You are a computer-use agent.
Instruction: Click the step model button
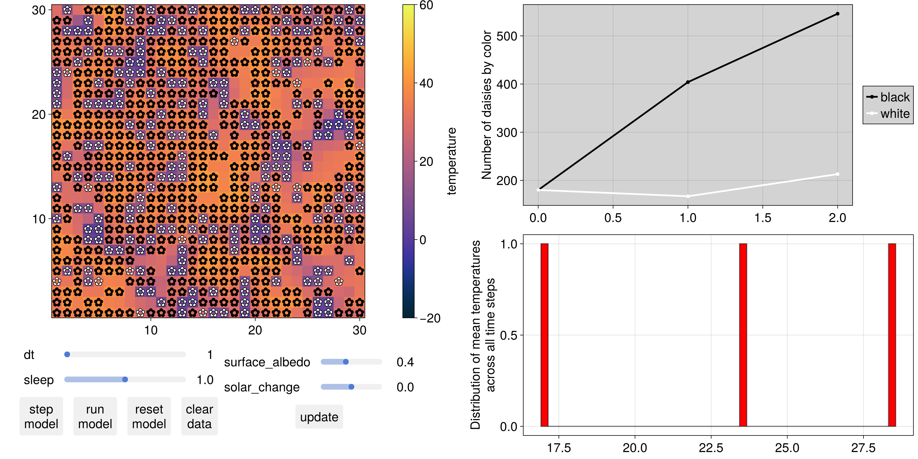[x=41, y=416]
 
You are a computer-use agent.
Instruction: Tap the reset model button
[x=149, y=416]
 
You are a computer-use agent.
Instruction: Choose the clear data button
[x=199, y=416]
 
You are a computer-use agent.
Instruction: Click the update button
[x=319, y=417]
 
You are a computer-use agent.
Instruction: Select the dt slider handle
[x=67, y=354]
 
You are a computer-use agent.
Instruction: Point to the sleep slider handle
[x=125, y=380]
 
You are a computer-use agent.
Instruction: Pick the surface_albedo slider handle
[x=346, y=362]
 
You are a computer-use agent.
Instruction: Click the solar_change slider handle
[x=351, y=387]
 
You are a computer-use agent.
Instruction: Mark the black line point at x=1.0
[x=688, y=82]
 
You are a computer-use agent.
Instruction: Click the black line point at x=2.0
[x=837, y=14]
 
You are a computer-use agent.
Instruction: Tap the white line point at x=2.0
[x=837, y=174]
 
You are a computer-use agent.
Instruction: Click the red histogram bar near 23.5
[x=743, y=335]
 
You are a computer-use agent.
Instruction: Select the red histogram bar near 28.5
[x=892, y=335]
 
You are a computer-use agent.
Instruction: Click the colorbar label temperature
[x=452, y=161]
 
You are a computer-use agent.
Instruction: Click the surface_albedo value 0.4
[x=405, y=362]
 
